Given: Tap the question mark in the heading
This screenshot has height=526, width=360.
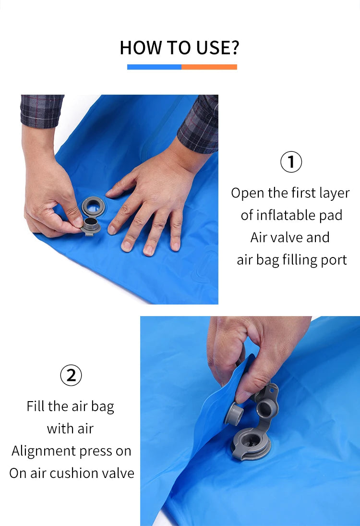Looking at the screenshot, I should [x=234, y=48].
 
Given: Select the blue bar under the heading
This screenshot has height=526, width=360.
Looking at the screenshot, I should [x=154, y=67].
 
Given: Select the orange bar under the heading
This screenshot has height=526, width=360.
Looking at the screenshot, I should [x=209, y=67].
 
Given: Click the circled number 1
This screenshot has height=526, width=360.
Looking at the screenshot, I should [x=291, y=162].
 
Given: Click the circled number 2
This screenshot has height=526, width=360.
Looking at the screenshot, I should [x=71, y=375].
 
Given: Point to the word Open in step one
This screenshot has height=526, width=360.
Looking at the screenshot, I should [x=248, y=193].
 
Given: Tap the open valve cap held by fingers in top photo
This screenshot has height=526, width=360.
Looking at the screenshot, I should [x=91, y=225].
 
